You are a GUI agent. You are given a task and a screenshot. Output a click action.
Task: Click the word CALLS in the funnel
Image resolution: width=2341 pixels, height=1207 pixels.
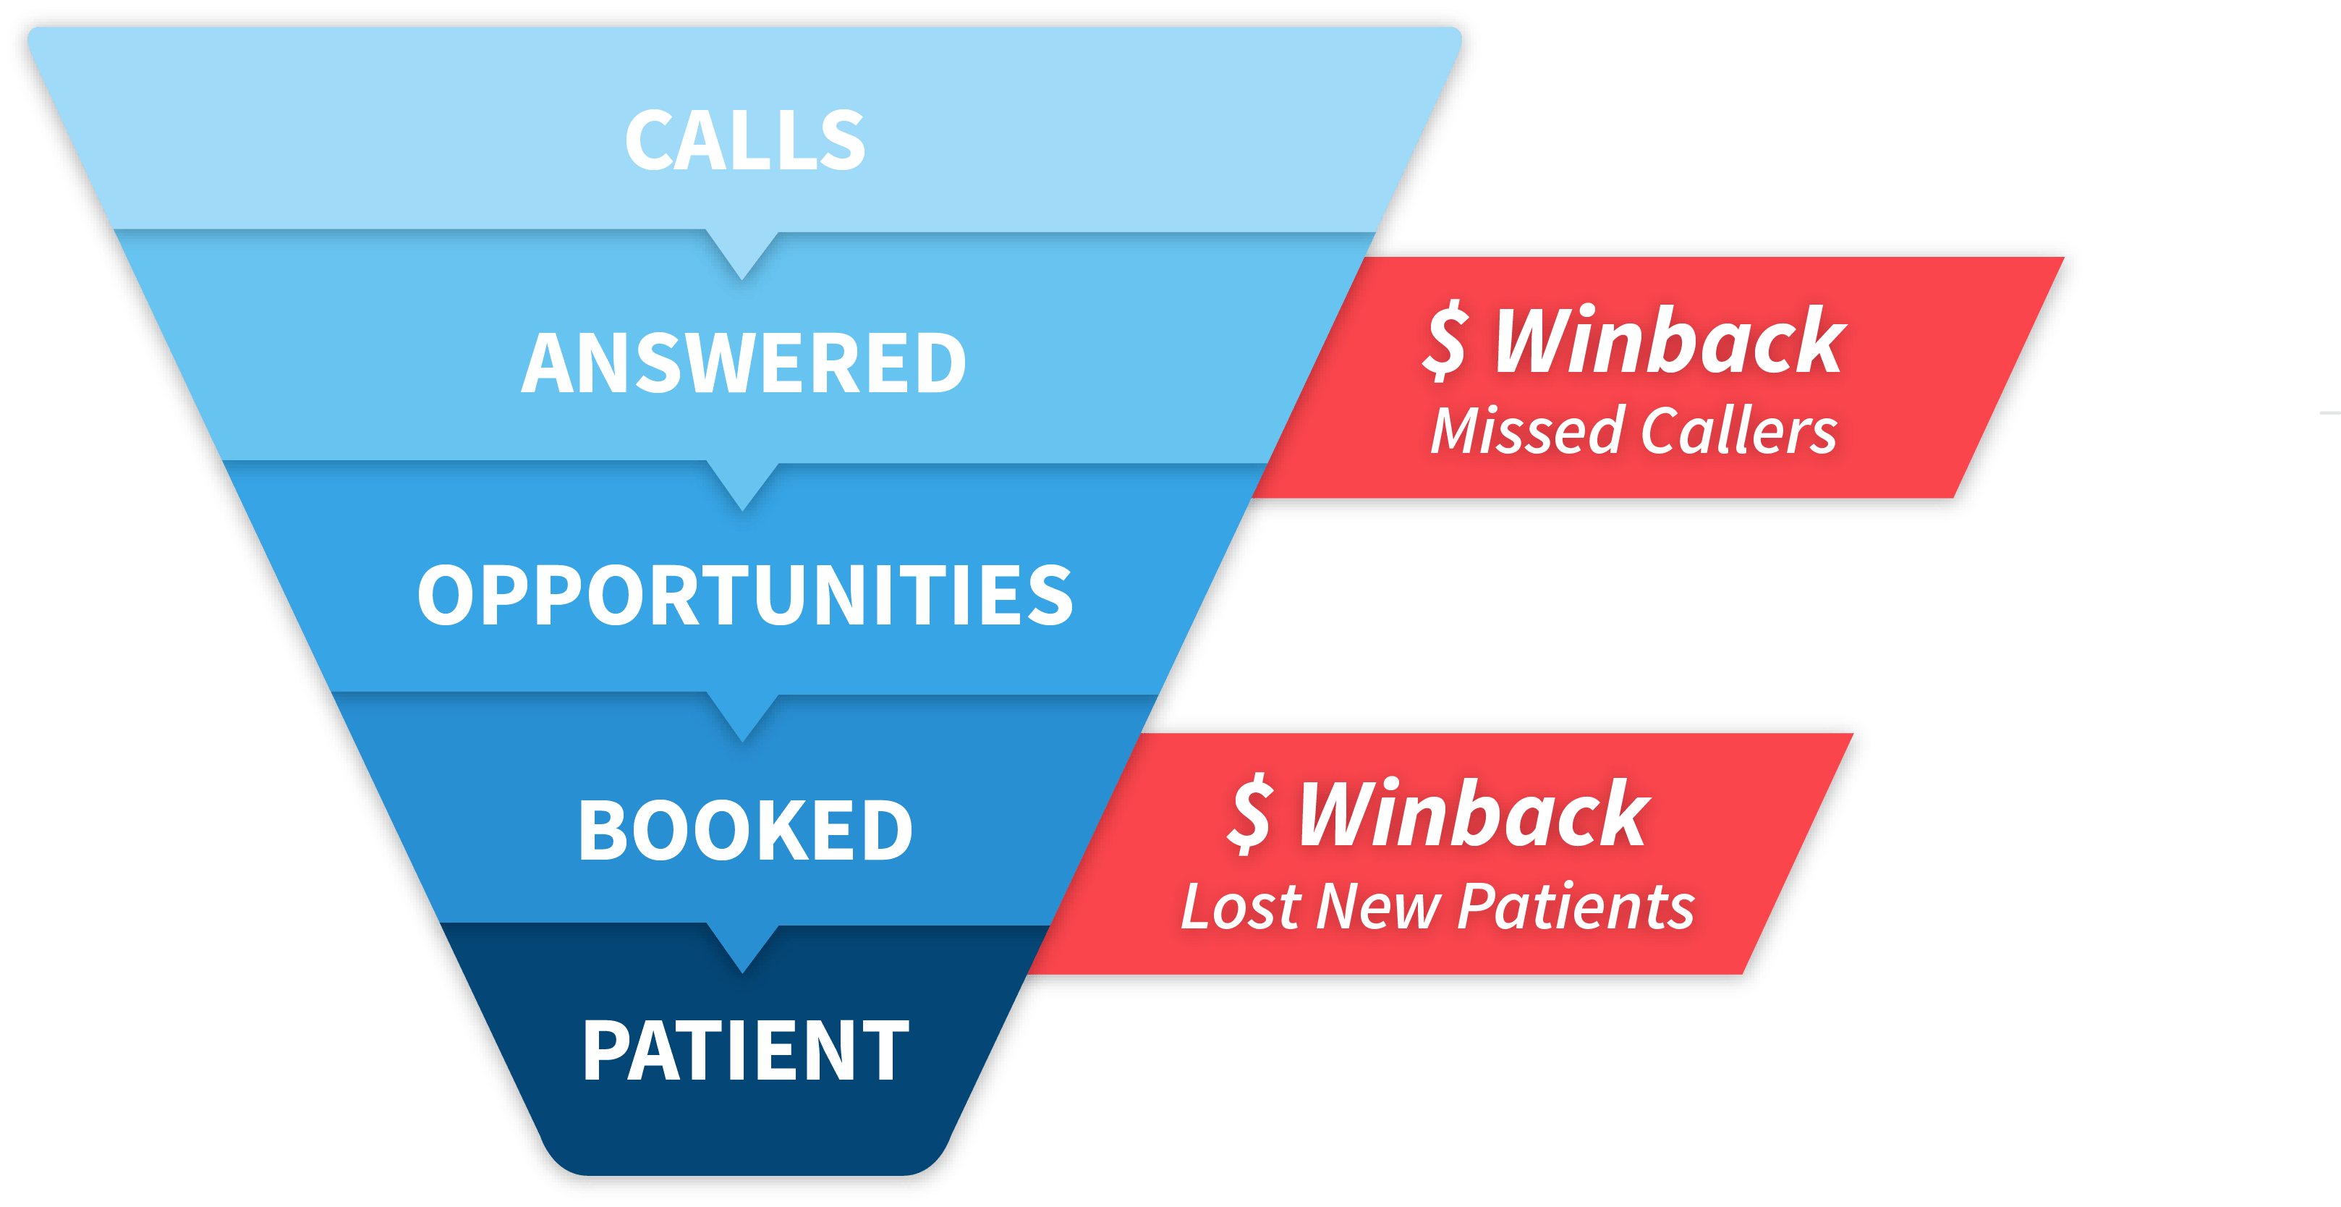(745, 141)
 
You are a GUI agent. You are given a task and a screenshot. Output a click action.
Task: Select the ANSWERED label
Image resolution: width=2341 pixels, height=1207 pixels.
(744, 363)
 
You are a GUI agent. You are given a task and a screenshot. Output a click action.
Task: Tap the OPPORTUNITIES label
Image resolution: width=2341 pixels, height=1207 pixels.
(745, 596)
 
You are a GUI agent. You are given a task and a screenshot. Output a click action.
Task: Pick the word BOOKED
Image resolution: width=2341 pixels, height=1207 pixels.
(745, 830)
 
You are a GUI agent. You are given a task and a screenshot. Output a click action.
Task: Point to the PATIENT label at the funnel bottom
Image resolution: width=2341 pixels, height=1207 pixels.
(745, 1051)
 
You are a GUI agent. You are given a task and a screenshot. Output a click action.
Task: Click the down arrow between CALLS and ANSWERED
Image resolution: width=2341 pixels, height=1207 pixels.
(742, 255)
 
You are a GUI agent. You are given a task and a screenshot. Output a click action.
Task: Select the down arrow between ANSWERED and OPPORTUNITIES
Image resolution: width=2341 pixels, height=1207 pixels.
(742, 486)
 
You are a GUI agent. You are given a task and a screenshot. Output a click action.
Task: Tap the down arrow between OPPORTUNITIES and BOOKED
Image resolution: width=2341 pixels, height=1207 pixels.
(742, 718)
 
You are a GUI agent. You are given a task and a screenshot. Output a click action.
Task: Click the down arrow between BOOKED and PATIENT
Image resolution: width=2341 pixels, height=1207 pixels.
(742, 950)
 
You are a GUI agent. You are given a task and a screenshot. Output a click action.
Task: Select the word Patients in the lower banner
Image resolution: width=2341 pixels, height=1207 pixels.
(1577, 907)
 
